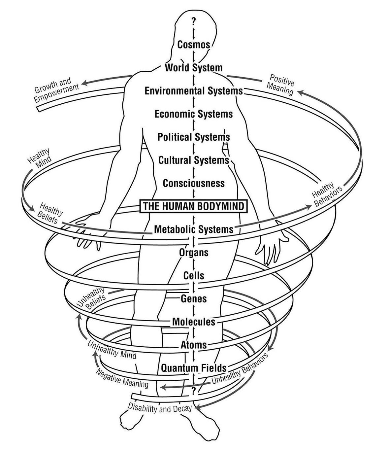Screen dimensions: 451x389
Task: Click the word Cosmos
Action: click(x=194, y=45)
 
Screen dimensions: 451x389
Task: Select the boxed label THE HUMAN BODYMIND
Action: click(x=194, y=206)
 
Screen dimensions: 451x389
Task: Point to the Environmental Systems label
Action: click(x=194, y=91)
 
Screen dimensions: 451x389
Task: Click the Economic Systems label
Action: click(x=194, y=114)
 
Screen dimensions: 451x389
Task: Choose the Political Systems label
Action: click(x=194, y=137)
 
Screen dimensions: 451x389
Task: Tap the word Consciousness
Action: click(x=194, y=183)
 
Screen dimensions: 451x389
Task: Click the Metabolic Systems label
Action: click(x=194, y=229)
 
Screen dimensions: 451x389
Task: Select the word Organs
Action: click(x=194, y=253)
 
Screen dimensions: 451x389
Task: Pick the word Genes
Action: click(x=194, y=299)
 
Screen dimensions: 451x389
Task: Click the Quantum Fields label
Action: click(x=194, y=368)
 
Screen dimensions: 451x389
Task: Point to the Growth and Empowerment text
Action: click(x=57, y=89)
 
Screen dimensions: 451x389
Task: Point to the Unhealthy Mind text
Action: click(x=112, y=350)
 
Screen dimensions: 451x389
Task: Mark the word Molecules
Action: click(x=194, y=322)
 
